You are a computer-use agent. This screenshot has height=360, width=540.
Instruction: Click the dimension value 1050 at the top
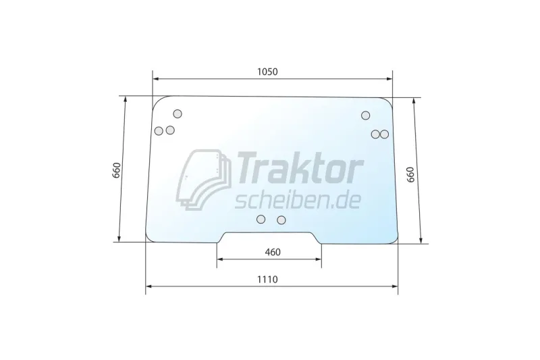click(x=267, y=72)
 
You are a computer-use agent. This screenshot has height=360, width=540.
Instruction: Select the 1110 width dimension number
click(x=267, y=280)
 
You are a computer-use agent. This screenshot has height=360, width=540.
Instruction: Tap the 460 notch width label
click(x=273, y=252)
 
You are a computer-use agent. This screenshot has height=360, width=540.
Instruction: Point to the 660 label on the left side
click(x=116, y=170)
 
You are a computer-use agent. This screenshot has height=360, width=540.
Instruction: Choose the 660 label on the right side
click(x=410, y=175)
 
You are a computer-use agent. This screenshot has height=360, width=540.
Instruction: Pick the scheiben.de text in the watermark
click(x=297, y=201)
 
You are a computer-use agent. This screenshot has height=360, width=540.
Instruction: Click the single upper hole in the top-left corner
click(x=178, y=113)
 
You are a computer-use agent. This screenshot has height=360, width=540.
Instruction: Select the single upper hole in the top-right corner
click(x=365, y=115)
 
